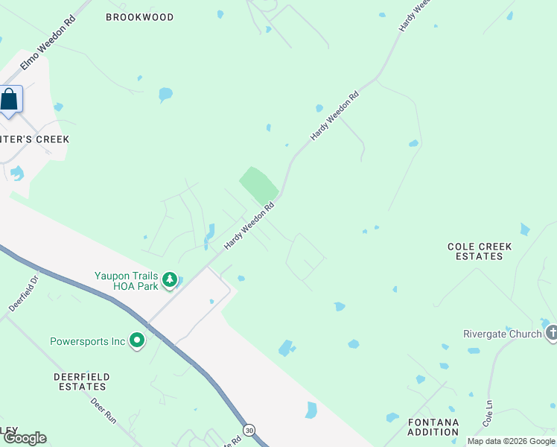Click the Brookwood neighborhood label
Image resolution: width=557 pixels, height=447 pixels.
click(x=139, y=16)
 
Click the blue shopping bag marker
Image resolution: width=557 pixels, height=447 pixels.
click(x=10, y=100)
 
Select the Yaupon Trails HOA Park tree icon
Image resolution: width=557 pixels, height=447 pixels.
click(x=171, y=280)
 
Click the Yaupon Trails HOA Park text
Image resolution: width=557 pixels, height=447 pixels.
click(x=127, y=280)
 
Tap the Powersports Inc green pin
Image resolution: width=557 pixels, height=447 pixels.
click(x=137, y=341)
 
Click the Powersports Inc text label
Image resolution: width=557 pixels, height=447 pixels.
click(x=87, y=342)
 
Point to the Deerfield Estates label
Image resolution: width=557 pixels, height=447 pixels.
click(x=80, y=381)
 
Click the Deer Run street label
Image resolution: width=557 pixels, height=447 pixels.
click(x=103, y=410)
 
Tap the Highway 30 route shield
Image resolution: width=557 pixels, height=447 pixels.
click(x=248, y=431)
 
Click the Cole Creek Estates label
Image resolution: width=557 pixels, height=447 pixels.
click(x=476, y=250)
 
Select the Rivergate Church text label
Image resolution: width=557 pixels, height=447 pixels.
click(x=502, y=334)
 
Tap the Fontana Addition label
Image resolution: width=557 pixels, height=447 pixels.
click(x=433, y=427)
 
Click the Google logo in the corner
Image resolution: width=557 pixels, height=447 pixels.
click(x=25, y=438)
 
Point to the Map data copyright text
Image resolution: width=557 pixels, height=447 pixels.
click(x=511, y=441)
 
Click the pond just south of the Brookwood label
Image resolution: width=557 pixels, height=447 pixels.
click(x=165, y=95)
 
